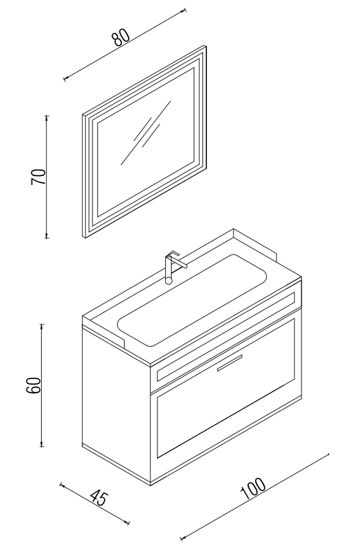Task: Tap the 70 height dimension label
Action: [39, 177]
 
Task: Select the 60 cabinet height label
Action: [34, 385]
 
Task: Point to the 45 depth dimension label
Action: [98, 498]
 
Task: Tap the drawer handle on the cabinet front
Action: [230, 362]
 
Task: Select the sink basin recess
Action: [192, 300]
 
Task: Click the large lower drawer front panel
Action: [226, 388]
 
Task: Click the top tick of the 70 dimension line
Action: [46, 116]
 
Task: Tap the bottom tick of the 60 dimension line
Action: [42, 446]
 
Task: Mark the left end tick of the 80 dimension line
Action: [64, 78]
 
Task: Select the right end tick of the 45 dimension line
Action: [129, 522]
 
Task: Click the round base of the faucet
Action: [169, 281]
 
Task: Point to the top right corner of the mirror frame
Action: [206, 46]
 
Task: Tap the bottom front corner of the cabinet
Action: [150, 485]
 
